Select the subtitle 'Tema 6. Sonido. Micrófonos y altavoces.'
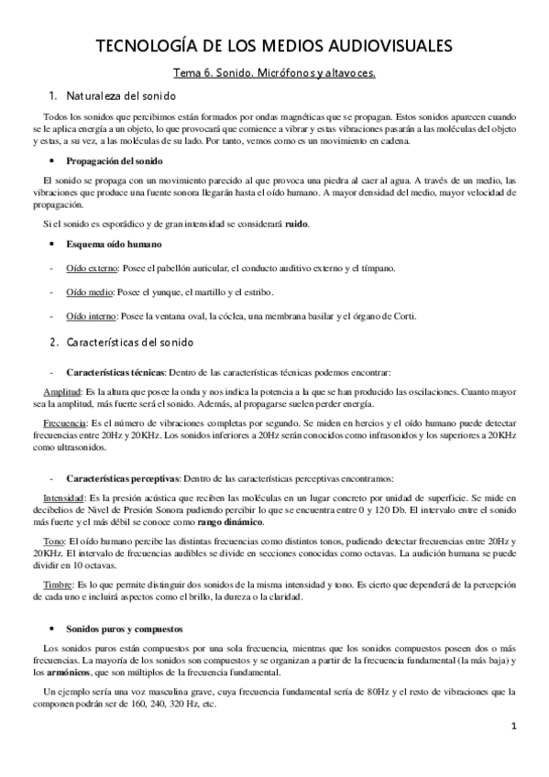275,73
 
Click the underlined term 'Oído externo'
90,268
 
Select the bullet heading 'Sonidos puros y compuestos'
124,629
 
